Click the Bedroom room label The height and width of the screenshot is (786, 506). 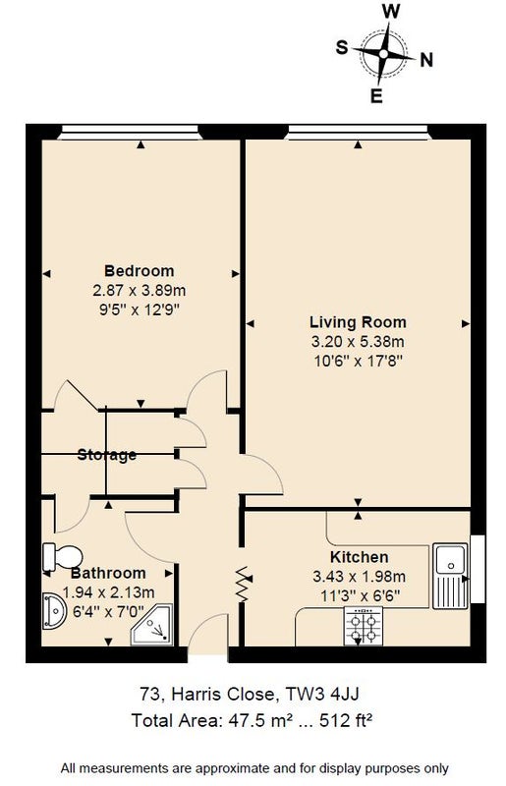pyautogui.click(x=139, y=271)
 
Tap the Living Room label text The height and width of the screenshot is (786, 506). pyautogui.click(x=358, y=322)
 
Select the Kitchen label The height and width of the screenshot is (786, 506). pyautogui.click(x=359, y=557)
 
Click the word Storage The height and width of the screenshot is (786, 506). pyautogui.click(x=107, y=455)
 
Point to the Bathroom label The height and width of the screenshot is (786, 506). pyautogui.click(x=108, y=573)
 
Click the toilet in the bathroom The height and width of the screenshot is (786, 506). pyautogui.click(x=62, y=556)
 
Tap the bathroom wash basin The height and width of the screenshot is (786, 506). pyautogui.click(x=54, y=611)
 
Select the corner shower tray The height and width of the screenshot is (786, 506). pyautogui.click(x=152, y=625)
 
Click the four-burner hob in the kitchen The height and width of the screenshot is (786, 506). pyautogui.click(x=364, y=626)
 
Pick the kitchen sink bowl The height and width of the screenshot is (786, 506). pyautogui.click(x=451, y=559)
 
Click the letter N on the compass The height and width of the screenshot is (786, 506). pyautogui.click(x=426, y=61)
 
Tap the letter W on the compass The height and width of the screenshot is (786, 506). pyautogui.click(x=391, y=11)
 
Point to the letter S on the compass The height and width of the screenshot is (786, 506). pyautogui.click(x=342, y=47)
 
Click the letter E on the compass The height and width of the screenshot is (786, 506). pyautogui.click(x=376, y=95)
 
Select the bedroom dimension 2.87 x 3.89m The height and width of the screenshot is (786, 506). pyautogui.click(x=139, y=290)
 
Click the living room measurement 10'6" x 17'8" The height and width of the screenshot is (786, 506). pyautogui.click(x=359, y=361)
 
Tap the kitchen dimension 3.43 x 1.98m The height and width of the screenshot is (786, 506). pyautogui.click(x=359, y=577)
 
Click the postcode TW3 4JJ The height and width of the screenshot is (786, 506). pyautogui.click(x=322, y=694)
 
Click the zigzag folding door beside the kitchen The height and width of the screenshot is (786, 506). pyautogui.click(x=244, y=584)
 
